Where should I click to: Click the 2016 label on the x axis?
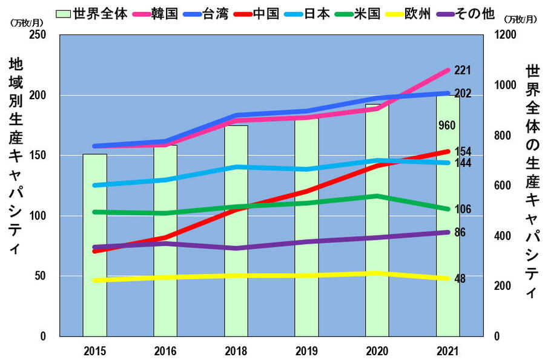click(x=165, y=350)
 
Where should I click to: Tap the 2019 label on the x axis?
click(x=306, y=350)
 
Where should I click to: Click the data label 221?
click(x=463, y=71)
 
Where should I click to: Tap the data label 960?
click(x=447, y=125)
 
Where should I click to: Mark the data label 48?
click(x=460, y=279)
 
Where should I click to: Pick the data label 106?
click(x=463, y=209)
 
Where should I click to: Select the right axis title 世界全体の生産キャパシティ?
click(x=532, y=182)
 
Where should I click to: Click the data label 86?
click(x=460, y=232)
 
